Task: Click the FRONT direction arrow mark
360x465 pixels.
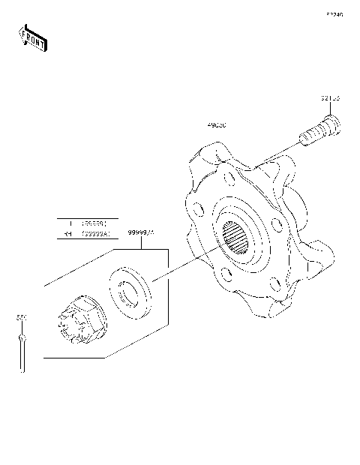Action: coord(31,38)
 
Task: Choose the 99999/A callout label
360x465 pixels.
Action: coord(140,232)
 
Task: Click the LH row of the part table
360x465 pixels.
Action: coord(88,223)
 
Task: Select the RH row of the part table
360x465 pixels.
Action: coord(88,234)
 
